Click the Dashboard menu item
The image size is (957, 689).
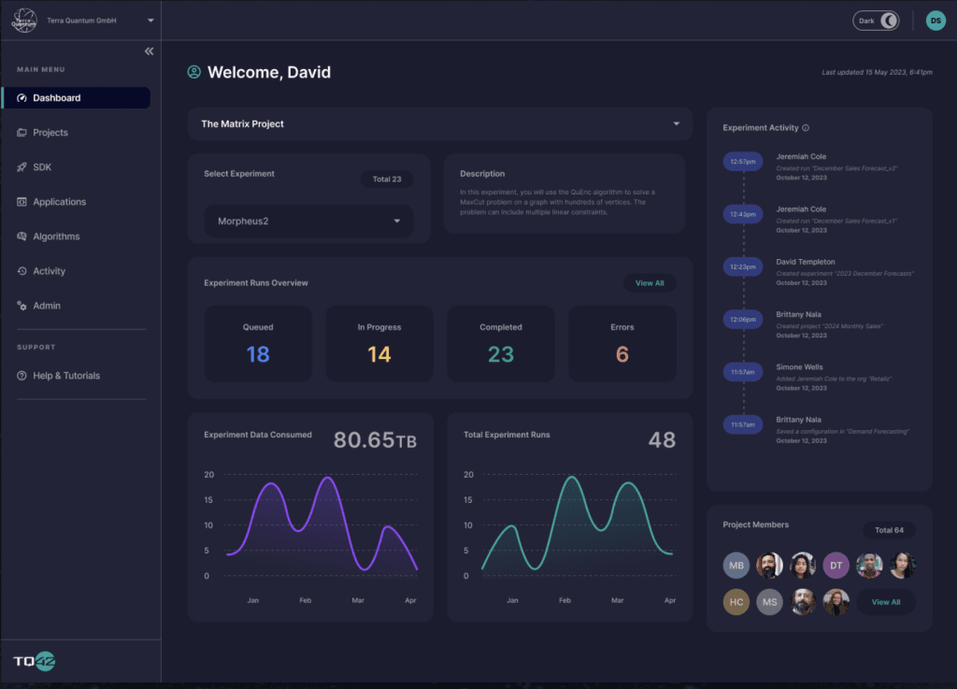pos(56,98)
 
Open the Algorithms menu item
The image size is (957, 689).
pos(56,237)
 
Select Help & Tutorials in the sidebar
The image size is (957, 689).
pos(65,376)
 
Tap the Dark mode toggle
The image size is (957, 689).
pos(876,21)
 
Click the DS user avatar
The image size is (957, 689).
pos(936,21)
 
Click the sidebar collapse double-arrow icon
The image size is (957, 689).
pos(149,51)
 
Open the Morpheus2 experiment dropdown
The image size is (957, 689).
pos(308,222)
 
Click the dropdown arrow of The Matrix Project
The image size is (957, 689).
pos(676,124)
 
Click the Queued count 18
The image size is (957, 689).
pos(258,354)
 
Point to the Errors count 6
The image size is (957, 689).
pos(622,354)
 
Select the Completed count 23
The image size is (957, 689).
pos(501,354)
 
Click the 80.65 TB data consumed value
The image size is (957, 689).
pos(375,439)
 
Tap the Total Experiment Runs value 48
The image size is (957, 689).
pos(662,439)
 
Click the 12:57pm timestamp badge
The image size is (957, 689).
pos(744,162)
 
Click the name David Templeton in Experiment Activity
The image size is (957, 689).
pos(806,262)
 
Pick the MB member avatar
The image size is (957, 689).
pos(736,566)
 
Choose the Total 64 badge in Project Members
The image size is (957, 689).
pos(889,530)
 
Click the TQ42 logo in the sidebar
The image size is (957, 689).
pos(35,662)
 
